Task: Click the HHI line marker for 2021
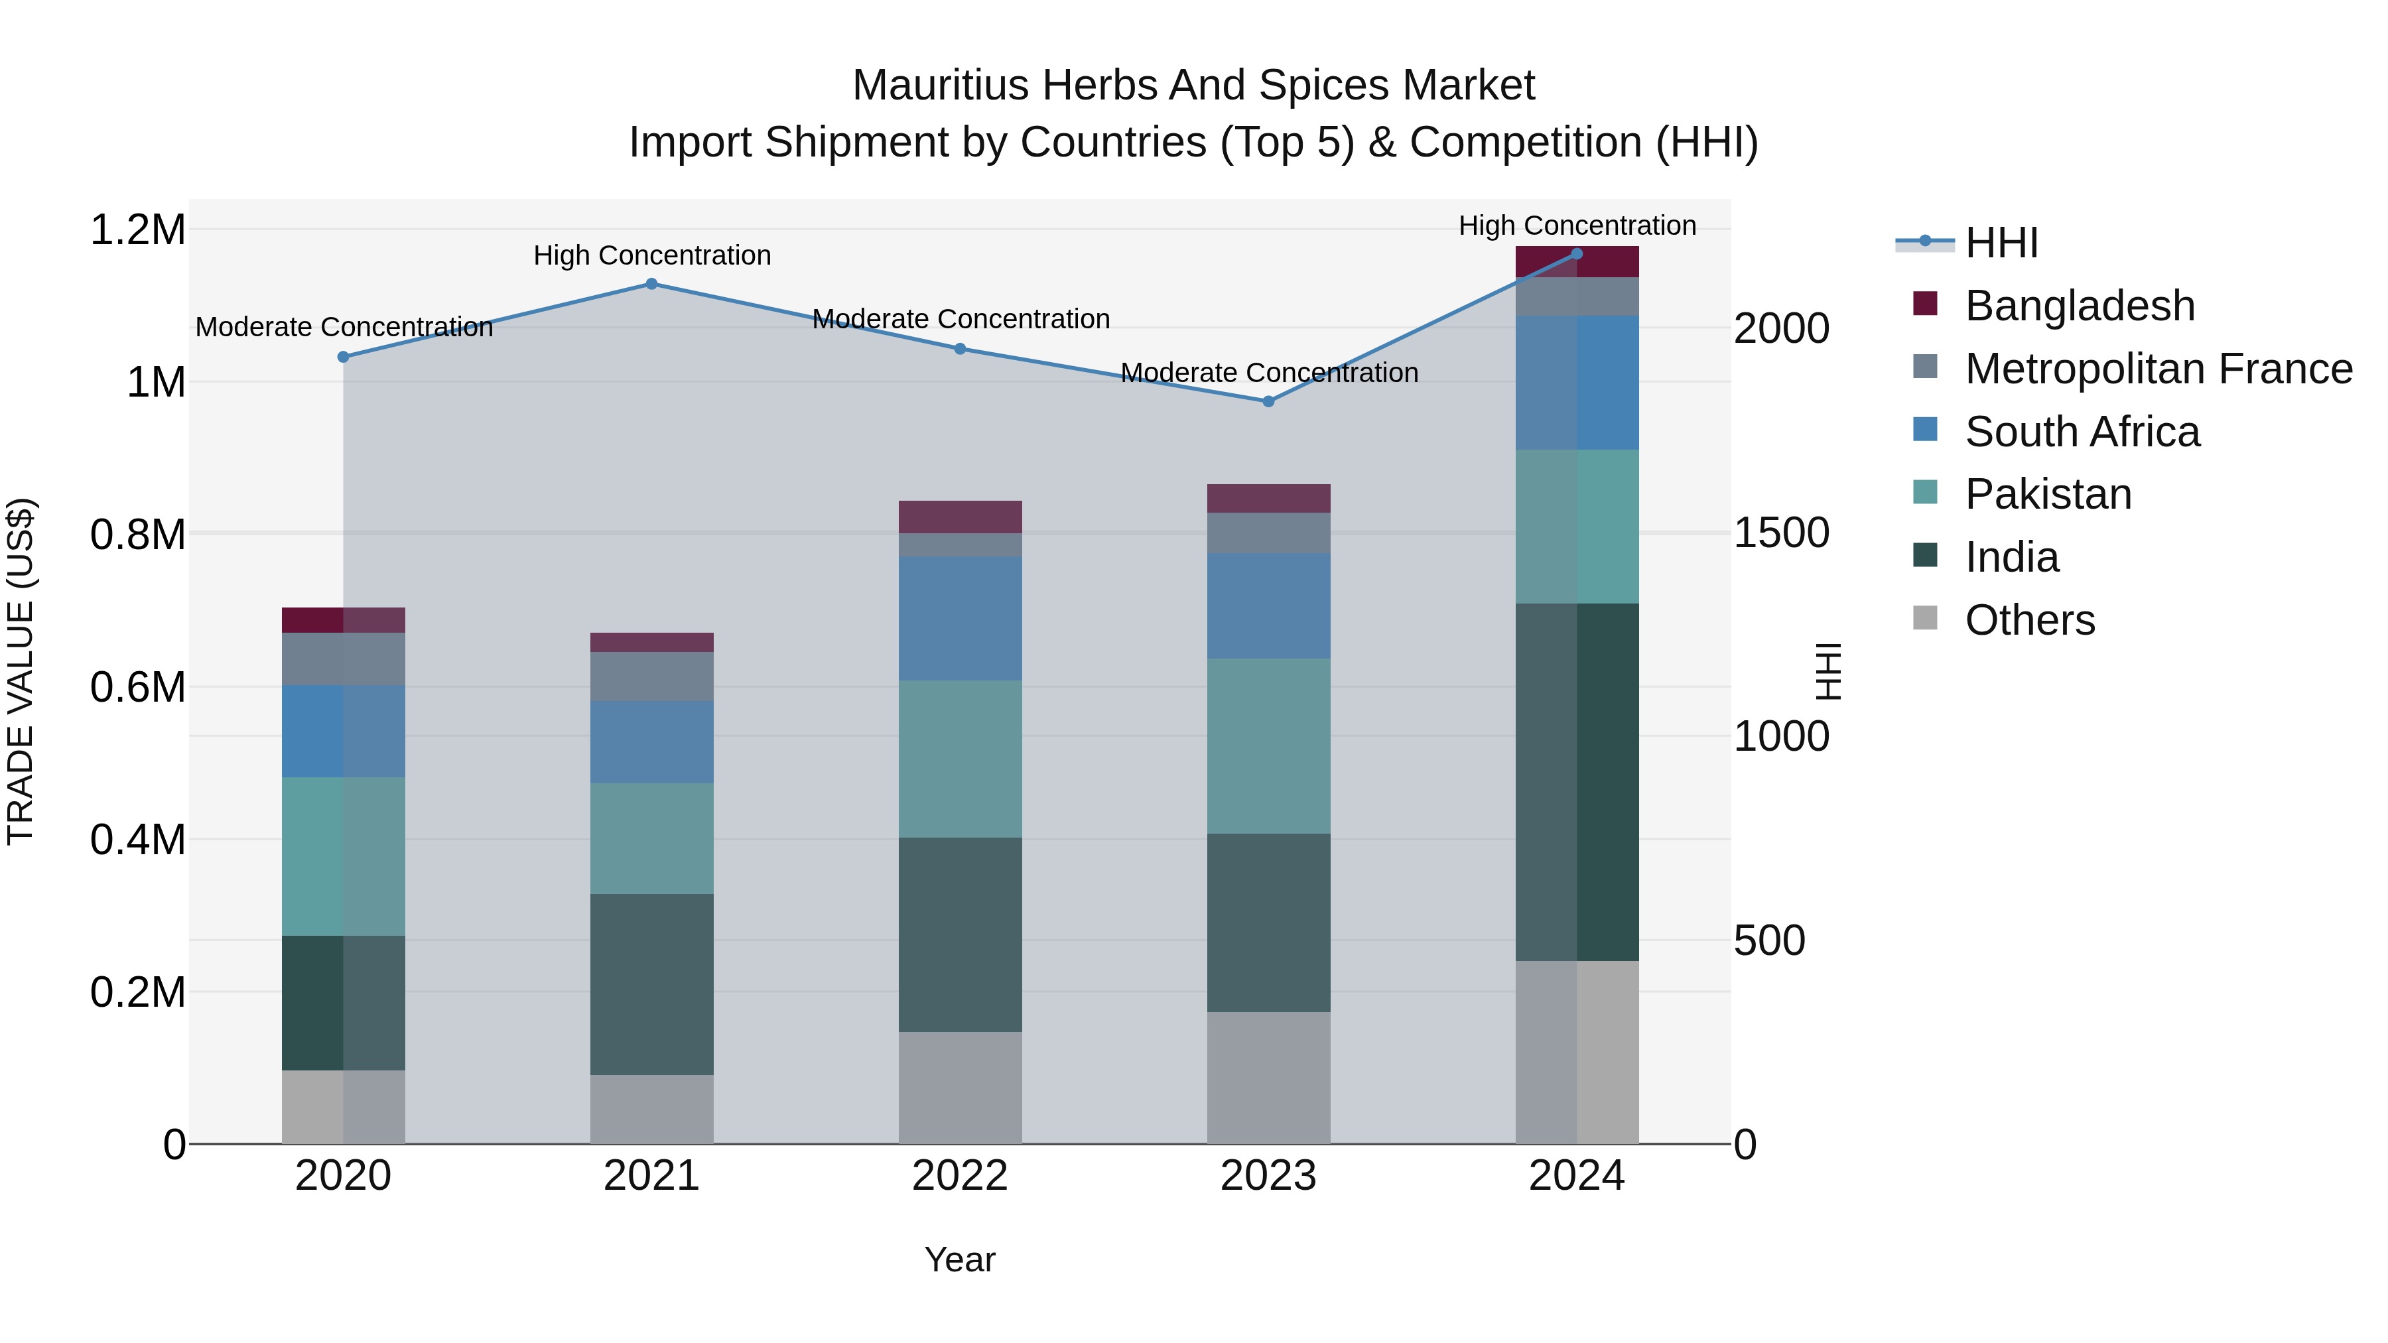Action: [x=651, y=284]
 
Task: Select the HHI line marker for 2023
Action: [x=1268, y=401]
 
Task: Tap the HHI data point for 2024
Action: [x=1577, y=253]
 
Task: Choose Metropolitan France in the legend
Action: [x=2157, y=369]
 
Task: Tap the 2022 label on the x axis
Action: [x=959, y=1176]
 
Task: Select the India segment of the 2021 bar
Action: [x=651, y=984]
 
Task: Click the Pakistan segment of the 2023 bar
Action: [x=1268, y=745]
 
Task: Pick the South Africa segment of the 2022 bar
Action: [x=959, y=618]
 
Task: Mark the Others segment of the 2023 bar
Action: [x=1268, y=1077]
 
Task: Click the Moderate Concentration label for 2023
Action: [x=1269, y=373]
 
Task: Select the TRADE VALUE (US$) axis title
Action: [x=21, y=671]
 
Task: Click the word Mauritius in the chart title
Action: [x=940, y=86]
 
